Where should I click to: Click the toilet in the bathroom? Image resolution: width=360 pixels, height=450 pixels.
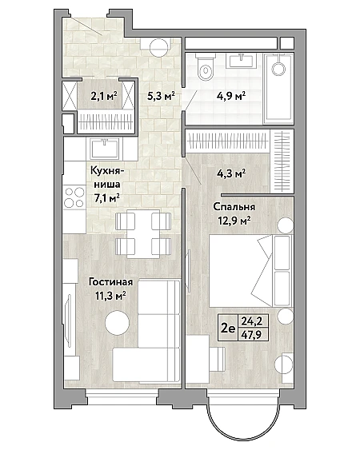[x=206, y=66]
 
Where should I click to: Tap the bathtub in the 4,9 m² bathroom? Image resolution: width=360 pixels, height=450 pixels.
[x=278, y=89]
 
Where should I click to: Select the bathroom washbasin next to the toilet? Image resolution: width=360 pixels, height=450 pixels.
[x=239, y=60]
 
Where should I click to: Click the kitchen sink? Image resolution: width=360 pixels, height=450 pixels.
[x=105, y=149]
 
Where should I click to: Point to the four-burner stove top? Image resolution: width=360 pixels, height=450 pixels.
[x=74, y=197]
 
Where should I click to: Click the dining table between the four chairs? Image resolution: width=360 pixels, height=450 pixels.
[x=143, y=233]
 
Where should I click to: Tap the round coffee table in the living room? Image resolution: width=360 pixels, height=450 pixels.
[x=117, y=323]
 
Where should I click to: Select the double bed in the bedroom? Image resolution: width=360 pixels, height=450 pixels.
[x=250, y=271]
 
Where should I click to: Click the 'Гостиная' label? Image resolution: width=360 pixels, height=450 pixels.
[x=110, y=282]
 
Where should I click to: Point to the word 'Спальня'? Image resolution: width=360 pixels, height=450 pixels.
[x=234, y=207]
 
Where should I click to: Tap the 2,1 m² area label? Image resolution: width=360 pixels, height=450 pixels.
[x=104, y=96]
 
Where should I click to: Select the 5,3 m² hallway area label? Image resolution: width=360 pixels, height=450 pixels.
[x=161, y=96]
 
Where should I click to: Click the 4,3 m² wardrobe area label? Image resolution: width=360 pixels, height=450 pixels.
[x=231, y=173]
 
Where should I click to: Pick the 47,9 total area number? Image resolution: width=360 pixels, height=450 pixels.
[x=251, y=335]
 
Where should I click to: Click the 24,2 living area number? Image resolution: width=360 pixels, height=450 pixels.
[x=252, y=321]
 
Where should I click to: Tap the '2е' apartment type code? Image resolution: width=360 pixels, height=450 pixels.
[x=228, y=328]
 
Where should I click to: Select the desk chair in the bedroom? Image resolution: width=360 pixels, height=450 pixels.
[x=218, y=358]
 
